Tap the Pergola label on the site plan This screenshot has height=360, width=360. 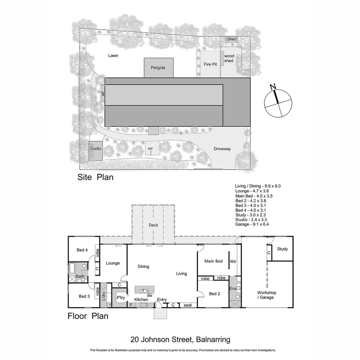click(158, 68)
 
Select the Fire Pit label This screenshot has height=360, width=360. click(210, 64)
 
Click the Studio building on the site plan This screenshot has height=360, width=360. click(95, 149)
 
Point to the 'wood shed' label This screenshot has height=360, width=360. click(229, 58)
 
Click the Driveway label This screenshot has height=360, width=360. click(222, 149)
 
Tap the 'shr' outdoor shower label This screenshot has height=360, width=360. click(150, 148)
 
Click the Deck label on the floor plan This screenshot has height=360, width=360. click(153, 225)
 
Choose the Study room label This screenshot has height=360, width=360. click(282, 249)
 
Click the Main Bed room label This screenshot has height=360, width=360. click(214, 261)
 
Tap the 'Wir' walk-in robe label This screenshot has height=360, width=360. click(233, 262)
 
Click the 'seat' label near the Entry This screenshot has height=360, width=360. click(188, 305)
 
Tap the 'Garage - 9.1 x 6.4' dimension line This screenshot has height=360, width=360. click(252, 224)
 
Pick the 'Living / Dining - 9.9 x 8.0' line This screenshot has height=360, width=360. click(258, 186)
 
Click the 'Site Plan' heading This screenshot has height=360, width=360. click(95, 177)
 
